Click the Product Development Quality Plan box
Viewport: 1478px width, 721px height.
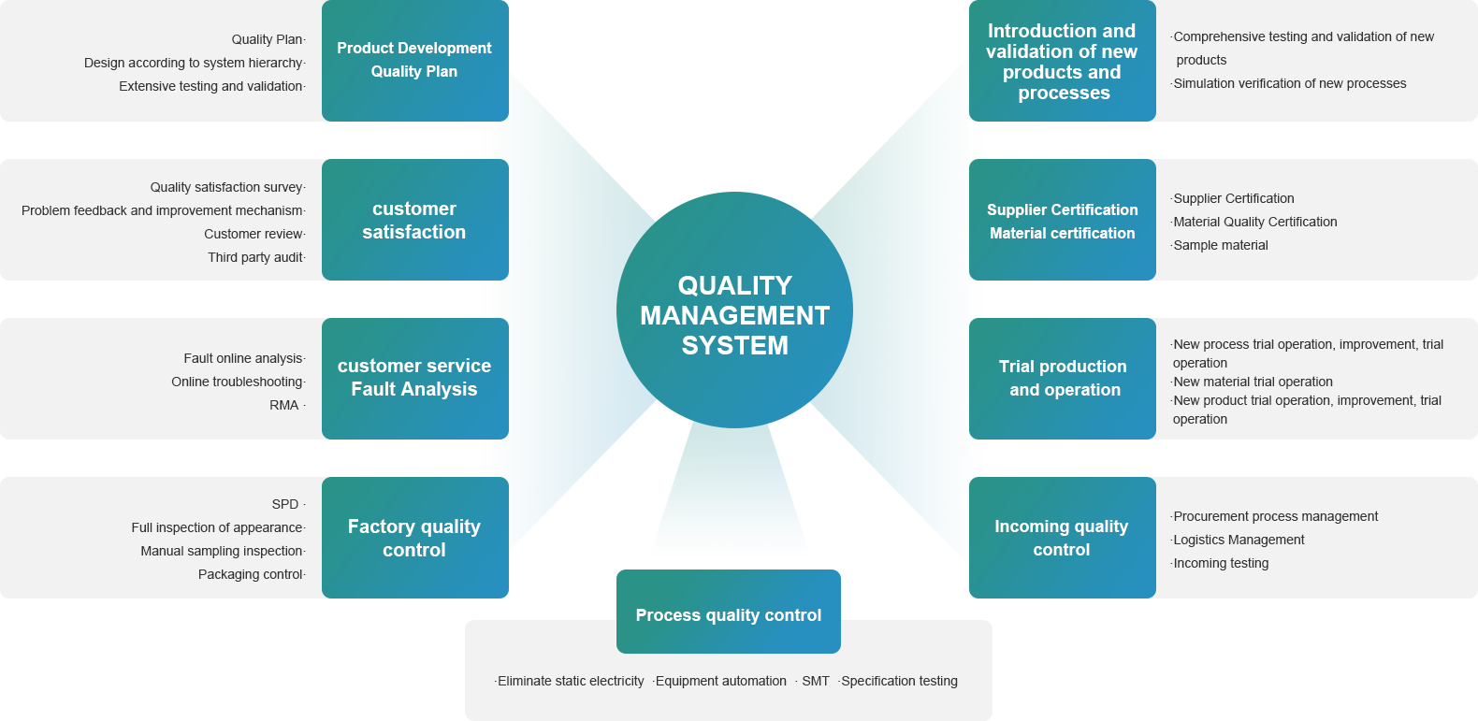click(414, 60)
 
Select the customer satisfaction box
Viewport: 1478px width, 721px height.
click(414, 220)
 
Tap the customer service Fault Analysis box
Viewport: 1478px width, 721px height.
click(414, 378)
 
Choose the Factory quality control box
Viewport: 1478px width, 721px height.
click(414, 538)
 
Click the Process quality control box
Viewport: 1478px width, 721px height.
click(728, 614)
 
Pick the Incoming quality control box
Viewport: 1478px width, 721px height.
click(1062, 538)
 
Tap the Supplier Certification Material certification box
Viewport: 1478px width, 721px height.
click(1063, 221)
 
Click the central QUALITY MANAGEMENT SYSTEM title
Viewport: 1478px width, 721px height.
click(734, 315)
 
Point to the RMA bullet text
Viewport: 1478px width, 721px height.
click(284, 405)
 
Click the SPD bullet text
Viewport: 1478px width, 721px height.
click(285, 504)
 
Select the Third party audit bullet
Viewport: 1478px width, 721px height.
click(255, 257)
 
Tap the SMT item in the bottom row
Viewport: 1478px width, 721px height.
click(815, 681)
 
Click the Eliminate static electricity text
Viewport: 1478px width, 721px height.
click(571, 681)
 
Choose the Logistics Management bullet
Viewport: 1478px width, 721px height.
click(1239, 540)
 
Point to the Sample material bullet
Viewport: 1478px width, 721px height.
click(1221, 245)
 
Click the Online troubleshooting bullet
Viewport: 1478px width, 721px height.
click(237, 382)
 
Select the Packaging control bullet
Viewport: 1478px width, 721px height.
click(251, 574)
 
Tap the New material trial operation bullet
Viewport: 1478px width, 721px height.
click(1253, 382)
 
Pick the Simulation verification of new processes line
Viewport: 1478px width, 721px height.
click(1289, 83)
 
